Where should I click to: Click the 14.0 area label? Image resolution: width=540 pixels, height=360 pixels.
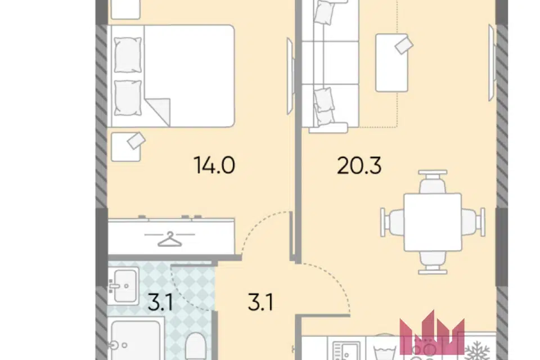(214, 165)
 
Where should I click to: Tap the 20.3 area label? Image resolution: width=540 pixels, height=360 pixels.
(359, 166)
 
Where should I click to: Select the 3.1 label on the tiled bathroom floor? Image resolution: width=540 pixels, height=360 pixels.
(160, 303)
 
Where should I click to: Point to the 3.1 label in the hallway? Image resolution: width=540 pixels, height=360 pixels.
(260, 303)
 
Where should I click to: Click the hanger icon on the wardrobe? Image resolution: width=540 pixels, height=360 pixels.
(169, 238)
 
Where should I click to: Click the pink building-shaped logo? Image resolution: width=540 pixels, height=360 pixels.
(432, 333)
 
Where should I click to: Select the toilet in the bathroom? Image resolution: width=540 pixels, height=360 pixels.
(195, 346)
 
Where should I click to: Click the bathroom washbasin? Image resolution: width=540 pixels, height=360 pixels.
(124, 286)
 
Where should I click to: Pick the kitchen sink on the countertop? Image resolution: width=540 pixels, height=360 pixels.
(346, 350)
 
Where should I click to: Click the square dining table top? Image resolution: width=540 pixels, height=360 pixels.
(433, 222)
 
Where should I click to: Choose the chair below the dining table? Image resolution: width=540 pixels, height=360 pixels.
(433, 262)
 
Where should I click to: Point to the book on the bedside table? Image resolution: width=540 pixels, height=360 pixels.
(136, 141)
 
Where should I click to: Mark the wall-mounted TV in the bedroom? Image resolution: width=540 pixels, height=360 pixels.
(290, 76)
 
